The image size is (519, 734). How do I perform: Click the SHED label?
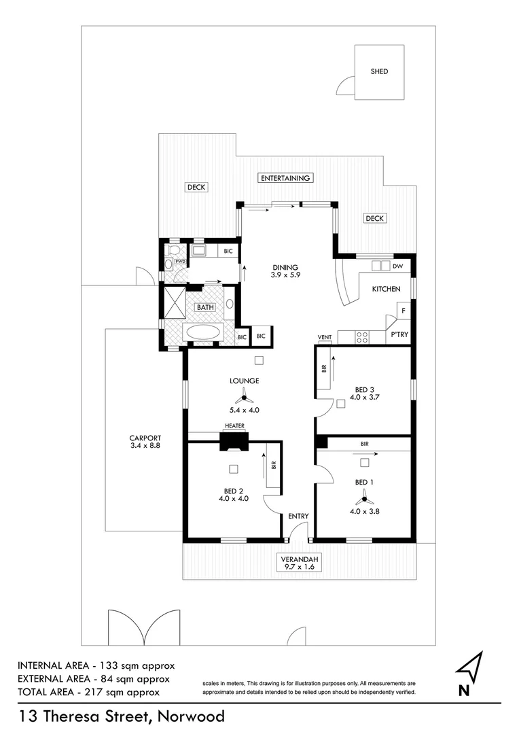(x=379, y=71)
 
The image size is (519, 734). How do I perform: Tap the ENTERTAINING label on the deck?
(x=285, y=178)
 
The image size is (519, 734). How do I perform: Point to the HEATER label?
(x=234, y=426)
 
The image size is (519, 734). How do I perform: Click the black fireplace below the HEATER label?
(x=234, y=442)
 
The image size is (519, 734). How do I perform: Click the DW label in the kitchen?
(x=398, y=266)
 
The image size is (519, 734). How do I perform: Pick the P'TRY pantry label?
(x=398, y=336)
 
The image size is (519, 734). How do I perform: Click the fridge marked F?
(x=403, y=311)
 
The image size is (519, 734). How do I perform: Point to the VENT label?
(x=324, y=338)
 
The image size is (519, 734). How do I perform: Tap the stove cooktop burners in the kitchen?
(x=362, y=335)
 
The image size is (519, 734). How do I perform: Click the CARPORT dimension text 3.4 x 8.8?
(x=143, y=446)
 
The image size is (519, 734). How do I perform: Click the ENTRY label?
(x=298, y=517)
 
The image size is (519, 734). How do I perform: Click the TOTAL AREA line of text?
(x=88, y=692)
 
